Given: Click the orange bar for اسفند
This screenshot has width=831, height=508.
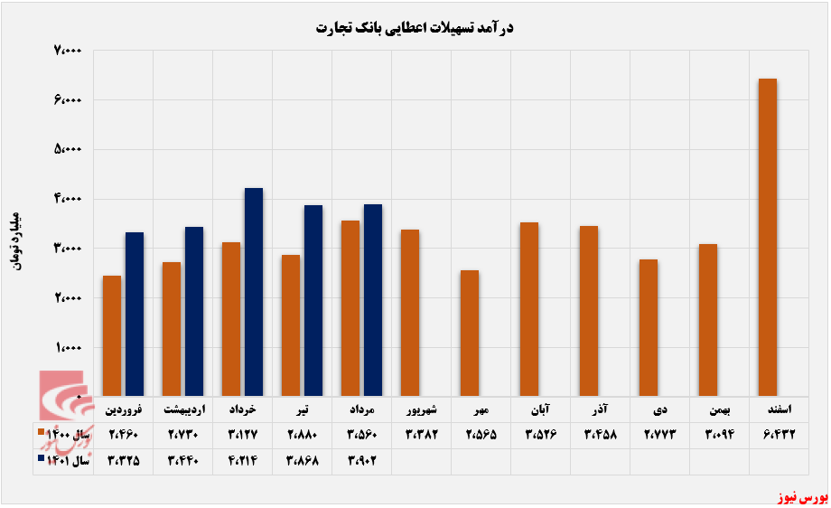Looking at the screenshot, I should coord(767,238).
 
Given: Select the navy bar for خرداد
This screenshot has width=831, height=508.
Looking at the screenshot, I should coord(253,292).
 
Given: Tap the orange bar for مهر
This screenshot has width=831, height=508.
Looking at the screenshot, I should coord(469,333).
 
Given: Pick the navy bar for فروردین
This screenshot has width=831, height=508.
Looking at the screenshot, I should coord(134,315).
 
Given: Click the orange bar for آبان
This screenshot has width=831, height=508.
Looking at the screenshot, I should coord(528,309).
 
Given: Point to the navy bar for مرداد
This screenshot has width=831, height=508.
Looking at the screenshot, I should coord(372,300).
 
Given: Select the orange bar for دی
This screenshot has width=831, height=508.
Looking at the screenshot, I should coord(648,327).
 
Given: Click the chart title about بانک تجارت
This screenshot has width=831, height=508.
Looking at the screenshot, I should coord(415,28).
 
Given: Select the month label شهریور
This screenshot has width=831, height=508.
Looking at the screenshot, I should coord(422,409).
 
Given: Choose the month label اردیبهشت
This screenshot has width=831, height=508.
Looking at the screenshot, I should coord(183,409).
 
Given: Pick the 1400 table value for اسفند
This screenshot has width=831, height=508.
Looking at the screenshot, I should coord(779,434).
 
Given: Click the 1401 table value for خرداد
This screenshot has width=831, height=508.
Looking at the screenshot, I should coord(243,458).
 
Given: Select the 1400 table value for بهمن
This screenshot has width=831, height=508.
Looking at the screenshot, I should coord(719,434).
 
